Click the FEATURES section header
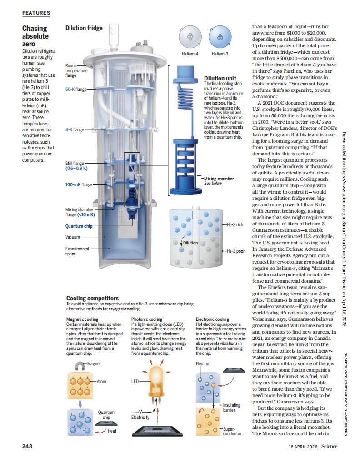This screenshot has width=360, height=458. [x=36, y=13]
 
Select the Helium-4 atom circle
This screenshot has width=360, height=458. [x=190, y=37]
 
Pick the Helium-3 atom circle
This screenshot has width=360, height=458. [x=220, y=37]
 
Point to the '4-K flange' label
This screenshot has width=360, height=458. [x=75, y=129]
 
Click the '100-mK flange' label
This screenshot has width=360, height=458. [x=78, y=185]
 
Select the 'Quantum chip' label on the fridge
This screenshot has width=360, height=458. [x=79, y=225]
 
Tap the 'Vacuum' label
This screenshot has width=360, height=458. [x=72, y=237]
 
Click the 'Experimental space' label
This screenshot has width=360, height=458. [x=76, y=251]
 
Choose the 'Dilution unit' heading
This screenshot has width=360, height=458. [x=220, y=79]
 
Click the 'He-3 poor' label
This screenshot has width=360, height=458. [x=235, y=251]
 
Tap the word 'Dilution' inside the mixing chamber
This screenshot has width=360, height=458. [x=190, y=243]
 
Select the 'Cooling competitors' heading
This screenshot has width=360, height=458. [x=92, y=298]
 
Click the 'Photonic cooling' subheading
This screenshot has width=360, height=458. [x=146, y=319]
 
